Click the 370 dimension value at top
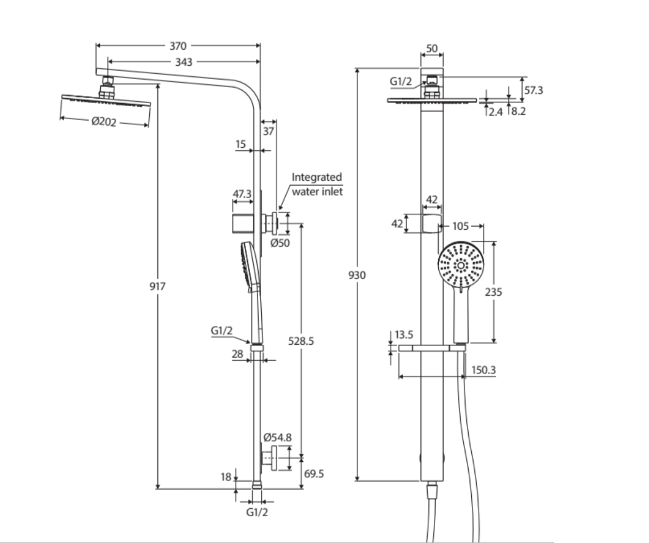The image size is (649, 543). [x=178, y=45]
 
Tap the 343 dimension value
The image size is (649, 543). [x=184, y=62]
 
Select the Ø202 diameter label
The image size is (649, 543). [x=104, y=122]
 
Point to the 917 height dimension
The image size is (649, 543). [x=157, y=286]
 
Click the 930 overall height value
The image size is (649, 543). [x=357, y=275]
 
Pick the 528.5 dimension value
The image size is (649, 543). [x=301, y=340]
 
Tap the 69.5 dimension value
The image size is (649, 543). [x=314, y=473]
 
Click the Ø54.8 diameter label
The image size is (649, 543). [x=277, y=437]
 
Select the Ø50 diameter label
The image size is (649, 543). [x=280, y=243]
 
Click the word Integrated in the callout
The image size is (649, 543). [x=317, y=177]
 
